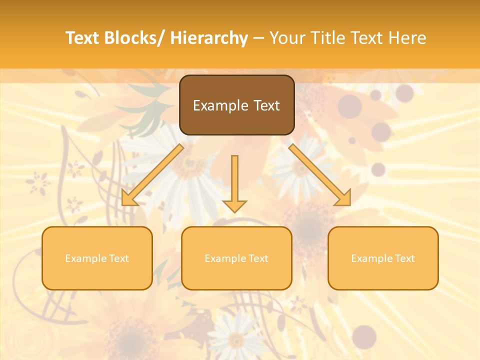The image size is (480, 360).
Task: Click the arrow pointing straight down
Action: click(234, 182)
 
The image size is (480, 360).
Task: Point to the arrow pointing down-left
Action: click(152, 175)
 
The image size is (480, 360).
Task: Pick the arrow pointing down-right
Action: click(320, 175)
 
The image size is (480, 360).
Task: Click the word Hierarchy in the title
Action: click(209, 38)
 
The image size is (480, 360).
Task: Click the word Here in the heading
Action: click(408, 38)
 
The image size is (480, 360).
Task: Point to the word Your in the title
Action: click(288, 38)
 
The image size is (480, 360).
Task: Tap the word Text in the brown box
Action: click(266, 106)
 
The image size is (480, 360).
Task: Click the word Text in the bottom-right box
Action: click(404, 258)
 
